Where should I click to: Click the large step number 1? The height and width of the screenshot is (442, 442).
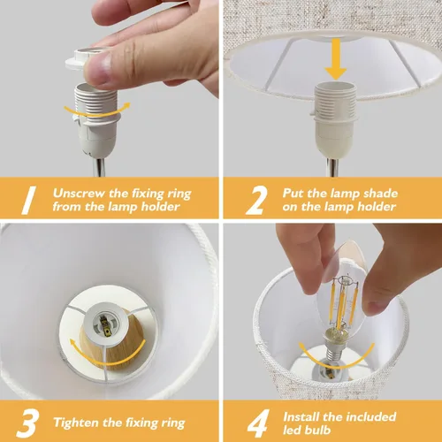tap(29, 200)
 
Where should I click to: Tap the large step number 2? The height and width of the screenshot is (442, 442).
tap(256, 200)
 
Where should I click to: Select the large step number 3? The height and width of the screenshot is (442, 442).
tap(27, 423)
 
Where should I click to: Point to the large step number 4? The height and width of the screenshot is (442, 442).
tap(258, 423)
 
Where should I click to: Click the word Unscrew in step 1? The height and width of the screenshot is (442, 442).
tap(79, 194)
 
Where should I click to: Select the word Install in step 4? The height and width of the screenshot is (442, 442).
tap(301, 417)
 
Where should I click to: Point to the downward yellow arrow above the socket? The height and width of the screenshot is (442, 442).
tap(336, 59)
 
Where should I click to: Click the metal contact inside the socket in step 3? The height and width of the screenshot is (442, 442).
tap(106, 327)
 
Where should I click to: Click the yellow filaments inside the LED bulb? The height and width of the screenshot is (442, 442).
tap(343, 303)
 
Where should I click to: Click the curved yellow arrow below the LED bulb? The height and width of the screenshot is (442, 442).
tap(336, 364)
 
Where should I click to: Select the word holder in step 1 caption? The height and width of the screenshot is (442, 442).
tap(161, 206)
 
